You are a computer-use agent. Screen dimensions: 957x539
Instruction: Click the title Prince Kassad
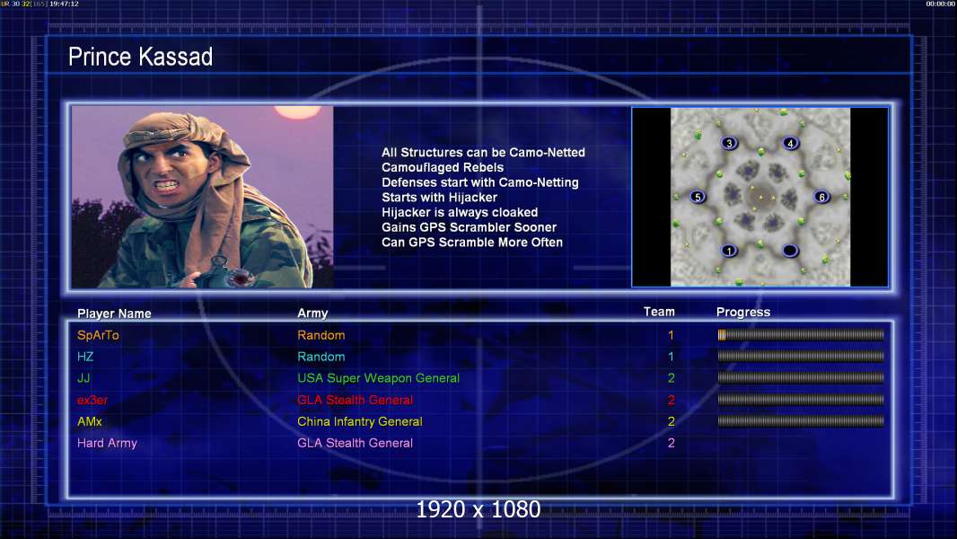140,57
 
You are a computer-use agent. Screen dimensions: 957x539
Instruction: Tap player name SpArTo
98,335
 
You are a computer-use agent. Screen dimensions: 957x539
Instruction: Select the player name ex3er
92,400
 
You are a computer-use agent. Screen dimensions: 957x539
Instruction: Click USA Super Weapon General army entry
379,378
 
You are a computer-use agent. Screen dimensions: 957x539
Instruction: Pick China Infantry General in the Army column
359,421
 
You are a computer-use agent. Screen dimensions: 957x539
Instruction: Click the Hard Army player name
107,443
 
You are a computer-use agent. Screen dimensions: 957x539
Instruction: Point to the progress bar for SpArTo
801,334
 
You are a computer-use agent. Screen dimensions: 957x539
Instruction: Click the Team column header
659,312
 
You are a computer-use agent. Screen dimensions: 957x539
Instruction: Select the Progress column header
743,313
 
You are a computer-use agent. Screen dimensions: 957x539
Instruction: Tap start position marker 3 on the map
729,144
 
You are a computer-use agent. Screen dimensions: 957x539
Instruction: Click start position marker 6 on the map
821,197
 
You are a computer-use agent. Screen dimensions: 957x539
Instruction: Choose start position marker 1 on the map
729,251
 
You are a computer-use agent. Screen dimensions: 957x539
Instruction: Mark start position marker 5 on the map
698,197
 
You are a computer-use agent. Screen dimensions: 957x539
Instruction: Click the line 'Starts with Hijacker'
439,197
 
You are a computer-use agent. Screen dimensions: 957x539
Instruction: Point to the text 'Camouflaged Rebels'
443,167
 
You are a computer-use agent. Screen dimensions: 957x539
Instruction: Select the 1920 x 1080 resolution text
478,509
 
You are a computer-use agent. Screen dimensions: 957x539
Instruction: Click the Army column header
312,314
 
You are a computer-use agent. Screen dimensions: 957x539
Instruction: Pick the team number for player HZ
671,357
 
